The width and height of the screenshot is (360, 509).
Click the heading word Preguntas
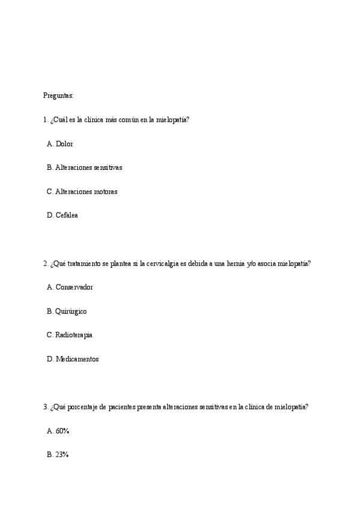58,95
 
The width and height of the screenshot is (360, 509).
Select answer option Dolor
64,144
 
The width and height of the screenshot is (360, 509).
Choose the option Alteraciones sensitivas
88,167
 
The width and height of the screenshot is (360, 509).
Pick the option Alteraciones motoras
86,191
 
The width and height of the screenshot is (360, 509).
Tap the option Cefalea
66,215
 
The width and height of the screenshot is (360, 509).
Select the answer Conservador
74,287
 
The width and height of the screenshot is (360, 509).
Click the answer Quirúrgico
71,311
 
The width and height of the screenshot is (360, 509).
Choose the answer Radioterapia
73,334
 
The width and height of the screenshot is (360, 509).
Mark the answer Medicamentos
77,359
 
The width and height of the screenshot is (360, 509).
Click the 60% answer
62,431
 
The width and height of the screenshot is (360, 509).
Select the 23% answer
62,454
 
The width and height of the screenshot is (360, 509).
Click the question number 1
45,119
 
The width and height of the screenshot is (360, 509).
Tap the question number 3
45,407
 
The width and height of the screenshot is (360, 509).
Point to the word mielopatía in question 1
172,119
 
